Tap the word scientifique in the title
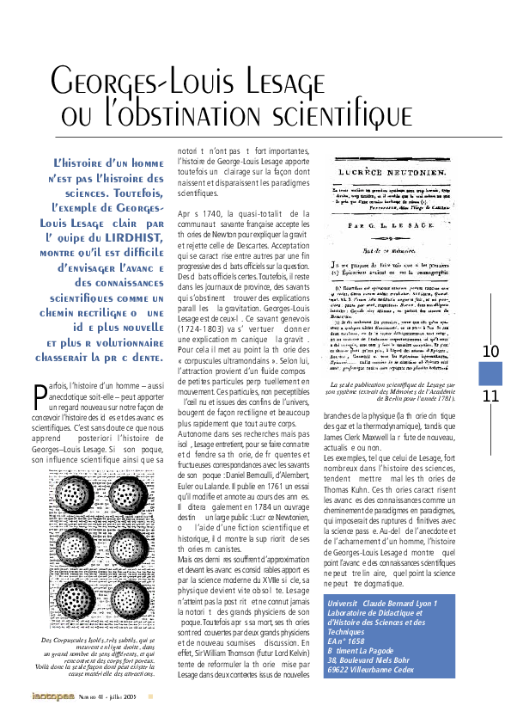(x=338, y=114)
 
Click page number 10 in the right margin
(x=490, y=351)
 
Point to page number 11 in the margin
(x=490, y=396)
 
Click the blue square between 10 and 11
(x=490, y=373)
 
